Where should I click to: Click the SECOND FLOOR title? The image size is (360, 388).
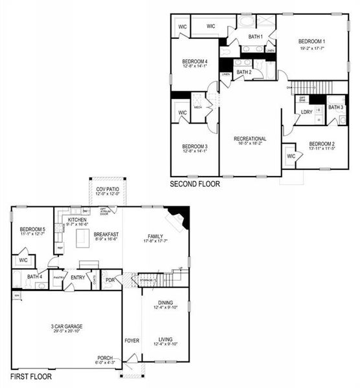click(194, 184)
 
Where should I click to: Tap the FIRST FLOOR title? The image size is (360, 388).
click(31, 376)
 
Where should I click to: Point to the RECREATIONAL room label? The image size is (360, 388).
click(250, 138)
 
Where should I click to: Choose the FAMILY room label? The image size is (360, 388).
click(155, 236)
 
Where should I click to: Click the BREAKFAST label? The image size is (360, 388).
click(106, 234)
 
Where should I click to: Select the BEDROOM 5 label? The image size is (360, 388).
click(32, 230)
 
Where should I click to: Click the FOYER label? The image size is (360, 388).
click(131, 340)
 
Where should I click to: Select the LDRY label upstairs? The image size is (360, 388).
click(306, 113)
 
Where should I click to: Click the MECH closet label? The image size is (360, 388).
click(198, 108)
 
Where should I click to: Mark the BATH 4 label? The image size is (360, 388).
click(35, 277)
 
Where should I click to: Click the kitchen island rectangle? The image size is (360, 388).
click(82, 239)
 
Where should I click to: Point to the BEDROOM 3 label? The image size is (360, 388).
click(194, 146)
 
